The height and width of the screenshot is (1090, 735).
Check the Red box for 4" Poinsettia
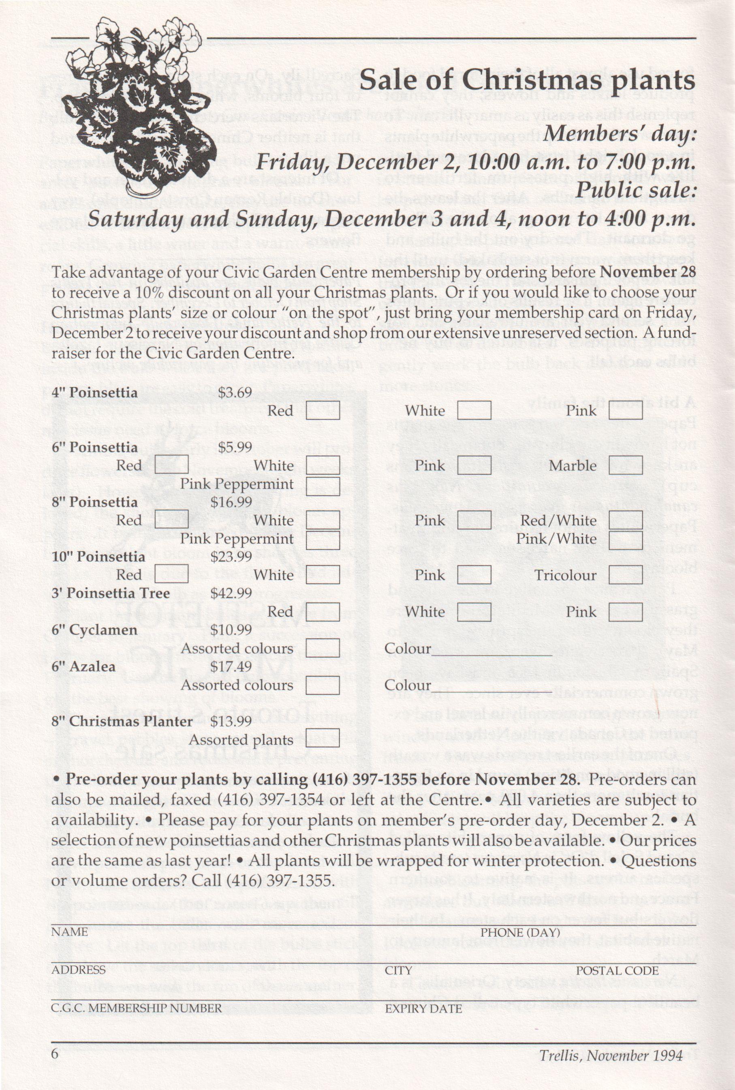pyautogui.click(x=323, y=410)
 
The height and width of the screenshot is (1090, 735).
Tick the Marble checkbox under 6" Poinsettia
pyautogui.click(x=625, y=465)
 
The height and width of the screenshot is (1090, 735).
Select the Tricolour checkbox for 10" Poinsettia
pyautogui.click(x=625, y=575)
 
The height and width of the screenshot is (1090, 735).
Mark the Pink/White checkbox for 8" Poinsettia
pyautogui.click(x=625, y=539)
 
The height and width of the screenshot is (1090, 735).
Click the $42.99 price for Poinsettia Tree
pyautogui.click(x=231, y=593)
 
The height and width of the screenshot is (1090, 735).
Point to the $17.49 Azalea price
pyautogui.click(x=231, y=666)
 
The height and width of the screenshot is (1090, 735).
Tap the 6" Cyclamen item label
pyautogui.click(x=94, y=630)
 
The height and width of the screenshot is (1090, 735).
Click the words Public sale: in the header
pyautogui.click(x=636, y=190)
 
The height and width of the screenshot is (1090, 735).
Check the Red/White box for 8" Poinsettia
pyautogui.click(x=625, y=520)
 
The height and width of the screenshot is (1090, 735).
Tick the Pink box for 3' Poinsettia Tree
pyautogui.click(x=625, y=612)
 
